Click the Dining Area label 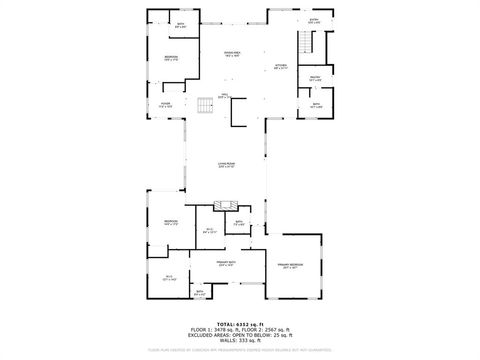[x=232, y=55]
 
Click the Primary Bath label [x=227, y=265]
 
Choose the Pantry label [x=314, y=78]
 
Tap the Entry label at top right [x=313, y=20]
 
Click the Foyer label [x=165, y=104]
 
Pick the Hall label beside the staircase [x=225, y=95]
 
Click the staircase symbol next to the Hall [x=207, y=105]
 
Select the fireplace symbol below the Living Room [x=225, y=204]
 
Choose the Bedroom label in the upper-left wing [x=171, y=58]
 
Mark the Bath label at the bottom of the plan [x=199, y=294]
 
